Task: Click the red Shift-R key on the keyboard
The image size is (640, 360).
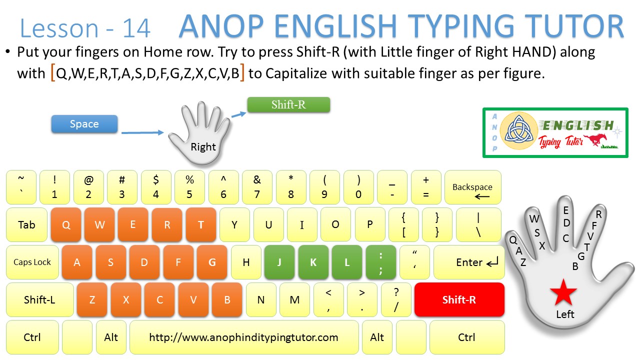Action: (x=459, y=299)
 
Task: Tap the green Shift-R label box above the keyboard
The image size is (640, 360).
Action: (x=288, y=104)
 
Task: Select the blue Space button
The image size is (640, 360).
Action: (x=84, y=124)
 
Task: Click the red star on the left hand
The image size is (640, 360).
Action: (x=563, y=293)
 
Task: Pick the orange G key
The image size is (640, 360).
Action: (x=212, y=262)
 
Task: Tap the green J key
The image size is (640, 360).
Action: (x=279, y=262)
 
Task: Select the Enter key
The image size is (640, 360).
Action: (x=469, y=262)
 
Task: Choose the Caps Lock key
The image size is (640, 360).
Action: (x=32, y=262)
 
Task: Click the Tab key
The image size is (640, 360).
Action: (x=26, y=224)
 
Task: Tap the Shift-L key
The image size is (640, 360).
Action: (x=39, y=299)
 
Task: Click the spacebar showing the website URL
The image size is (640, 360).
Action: (x=244, y=337)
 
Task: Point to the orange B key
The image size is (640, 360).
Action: (x=227, y=299)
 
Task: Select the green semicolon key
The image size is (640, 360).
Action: (x=381, y=262)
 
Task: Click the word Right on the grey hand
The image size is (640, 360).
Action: (x=203, y=146)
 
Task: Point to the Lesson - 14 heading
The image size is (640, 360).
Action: (x=85, y=28)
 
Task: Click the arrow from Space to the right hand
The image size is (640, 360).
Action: (x=142, y=132)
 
